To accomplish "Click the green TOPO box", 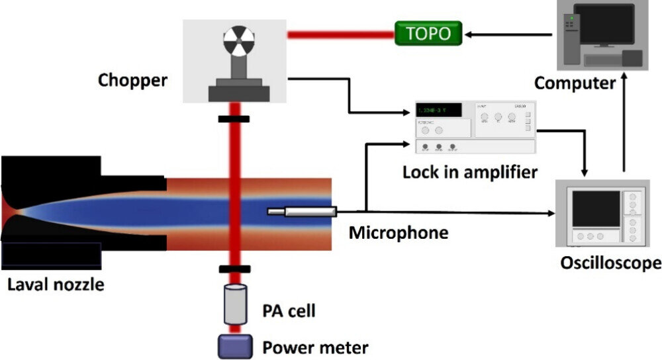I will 427,32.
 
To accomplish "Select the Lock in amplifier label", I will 470,173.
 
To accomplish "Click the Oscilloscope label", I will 610,263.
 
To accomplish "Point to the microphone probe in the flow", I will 302,212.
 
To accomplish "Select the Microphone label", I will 399,233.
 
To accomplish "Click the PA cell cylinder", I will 236,305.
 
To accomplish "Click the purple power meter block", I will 236,345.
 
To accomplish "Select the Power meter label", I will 315,346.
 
